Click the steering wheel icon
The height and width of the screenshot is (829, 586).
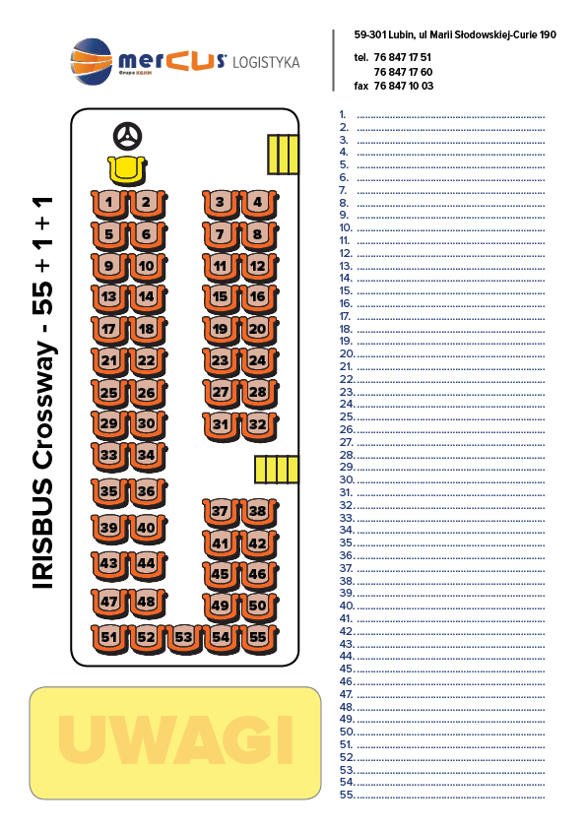(127, 137)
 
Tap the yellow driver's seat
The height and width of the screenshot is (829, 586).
(127, 170)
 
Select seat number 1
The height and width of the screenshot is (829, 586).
(109, 204)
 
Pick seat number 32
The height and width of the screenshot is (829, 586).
(258, 426)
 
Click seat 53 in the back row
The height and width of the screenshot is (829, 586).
(183, 639)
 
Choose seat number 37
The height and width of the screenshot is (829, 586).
(221, 513)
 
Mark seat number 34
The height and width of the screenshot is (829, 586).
(147, 457)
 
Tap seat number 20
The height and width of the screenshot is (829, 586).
(258, 331)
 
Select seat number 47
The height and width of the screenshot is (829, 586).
(109, 604)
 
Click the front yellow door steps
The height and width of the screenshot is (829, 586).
(283, 155)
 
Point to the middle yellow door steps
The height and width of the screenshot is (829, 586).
(277, 470)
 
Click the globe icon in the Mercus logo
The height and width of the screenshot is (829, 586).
(92, 61)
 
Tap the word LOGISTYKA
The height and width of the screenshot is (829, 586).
(266, 62)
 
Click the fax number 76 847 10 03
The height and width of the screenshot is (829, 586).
(404, 86)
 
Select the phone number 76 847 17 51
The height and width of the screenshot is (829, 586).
(403, 57)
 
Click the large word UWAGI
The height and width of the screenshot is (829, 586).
(175, 740)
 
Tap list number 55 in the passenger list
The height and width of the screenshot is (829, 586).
(347, 796)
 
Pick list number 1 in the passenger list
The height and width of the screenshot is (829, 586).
(343, 115)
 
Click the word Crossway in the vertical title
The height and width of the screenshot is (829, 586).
(43, 405)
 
